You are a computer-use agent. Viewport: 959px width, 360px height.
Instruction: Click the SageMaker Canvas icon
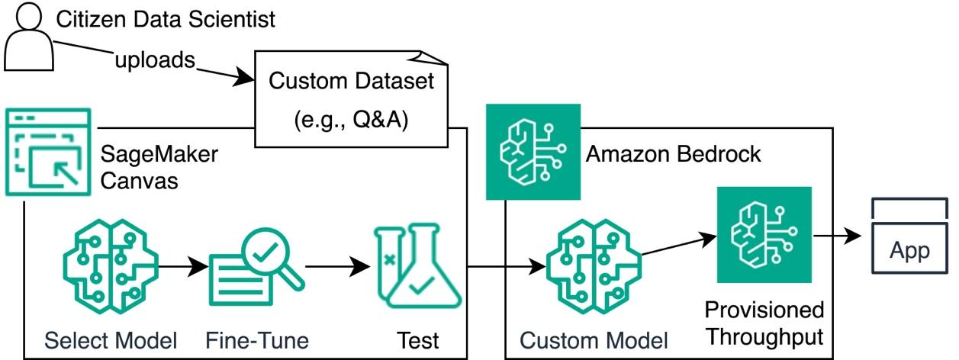click(x=47, y=153)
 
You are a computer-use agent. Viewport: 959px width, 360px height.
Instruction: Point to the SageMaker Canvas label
click(x=159, y=169)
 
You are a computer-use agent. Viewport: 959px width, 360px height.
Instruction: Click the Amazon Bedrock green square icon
click(x=533, y=153)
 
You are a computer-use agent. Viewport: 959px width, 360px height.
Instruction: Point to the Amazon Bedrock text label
click(x=673, y=154)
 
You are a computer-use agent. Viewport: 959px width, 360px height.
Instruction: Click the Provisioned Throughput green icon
click(x=763, y=233)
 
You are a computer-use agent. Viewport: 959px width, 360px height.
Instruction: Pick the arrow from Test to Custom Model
click(x=504, y=268)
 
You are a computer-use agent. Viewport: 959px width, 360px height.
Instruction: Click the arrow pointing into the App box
click(x=840, y=237)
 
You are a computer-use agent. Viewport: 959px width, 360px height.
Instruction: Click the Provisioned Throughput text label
click(x=764, y=323)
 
